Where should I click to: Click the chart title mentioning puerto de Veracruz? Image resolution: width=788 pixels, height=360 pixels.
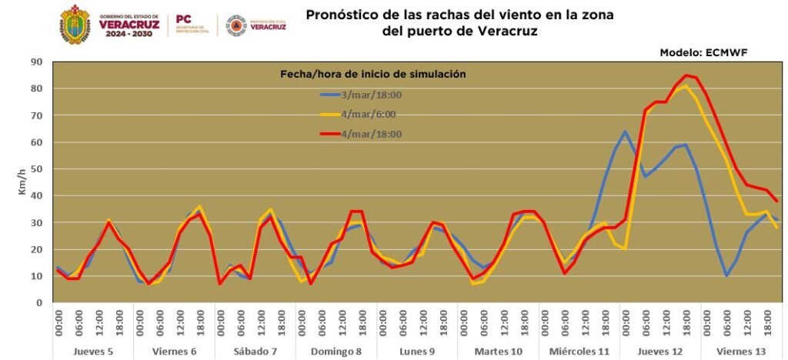[460, 23]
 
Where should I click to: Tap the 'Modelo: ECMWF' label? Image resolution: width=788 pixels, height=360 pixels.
[703, 52]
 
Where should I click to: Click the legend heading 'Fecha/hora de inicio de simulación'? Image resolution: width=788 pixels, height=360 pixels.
[372, 74]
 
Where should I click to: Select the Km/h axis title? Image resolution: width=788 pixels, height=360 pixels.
[23, 182]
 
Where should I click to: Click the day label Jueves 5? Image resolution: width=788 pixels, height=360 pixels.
[94, 351]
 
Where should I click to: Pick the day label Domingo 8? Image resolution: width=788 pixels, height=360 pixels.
[336, 351]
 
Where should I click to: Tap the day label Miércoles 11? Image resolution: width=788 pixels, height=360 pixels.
[579, 351]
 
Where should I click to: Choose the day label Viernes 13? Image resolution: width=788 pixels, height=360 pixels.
[740, 351]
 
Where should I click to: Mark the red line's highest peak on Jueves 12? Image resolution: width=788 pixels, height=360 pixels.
[686, 75]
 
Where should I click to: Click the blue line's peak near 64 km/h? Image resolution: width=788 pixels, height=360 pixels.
[625, 132]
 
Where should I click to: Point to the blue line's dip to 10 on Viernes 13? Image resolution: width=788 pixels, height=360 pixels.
[726, 275]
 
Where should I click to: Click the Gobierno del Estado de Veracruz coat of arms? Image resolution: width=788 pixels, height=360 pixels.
[74, 25]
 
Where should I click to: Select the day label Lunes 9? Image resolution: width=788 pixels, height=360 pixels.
[417, 351]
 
